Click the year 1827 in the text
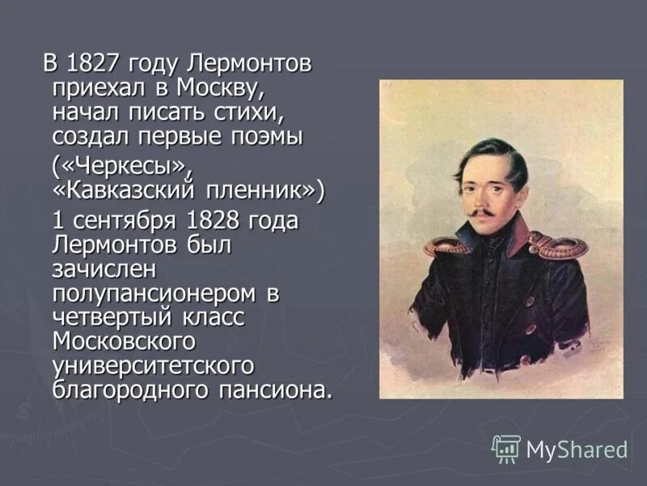95,63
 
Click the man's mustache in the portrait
480,213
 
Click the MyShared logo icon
506,448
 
